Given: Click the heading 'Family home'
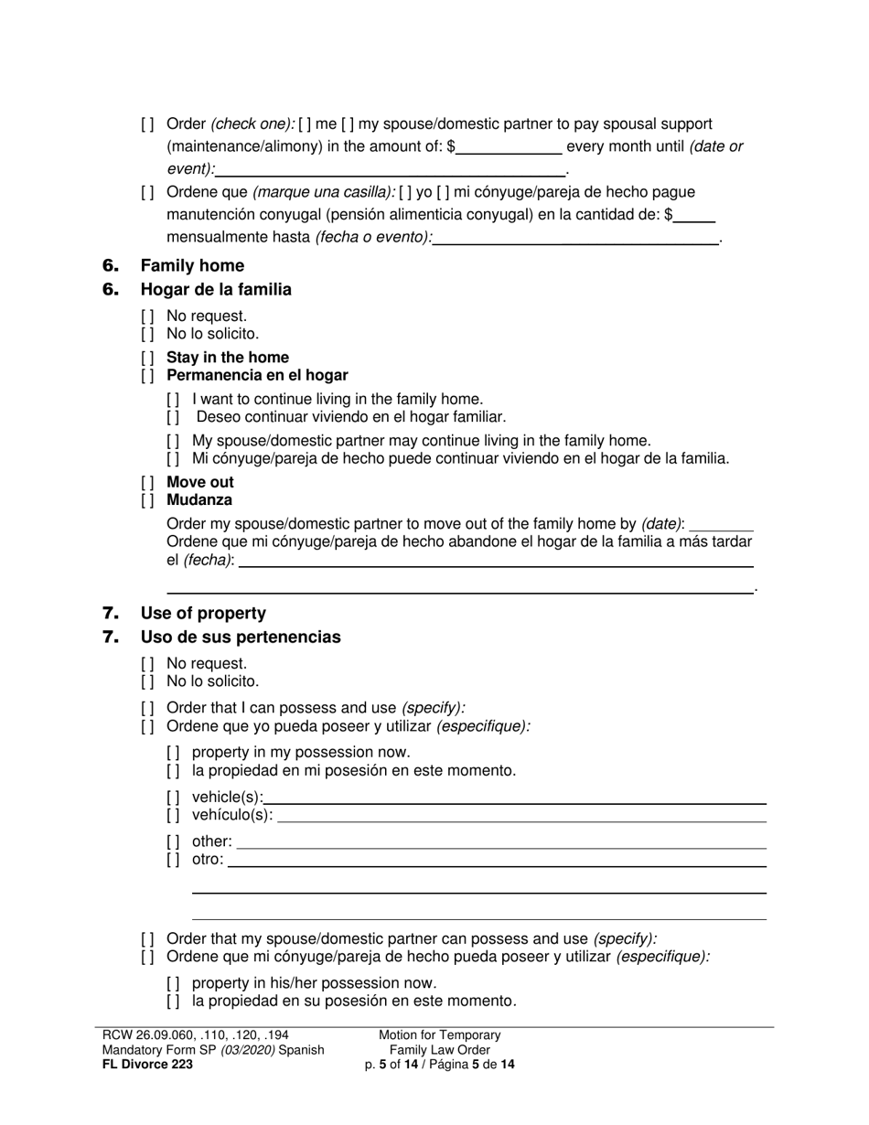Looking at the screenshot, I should click(x=192, y=266).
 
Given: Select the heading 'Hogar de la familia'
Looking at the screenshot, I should click(x=216, y=290).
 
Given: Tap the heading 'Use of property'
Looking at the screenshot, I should click(x=203, y=614).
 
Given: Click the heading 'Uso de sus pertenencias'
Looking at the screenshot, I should click(x=241, y=637).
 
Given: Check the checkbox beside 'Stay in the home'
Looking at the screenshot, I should click(x=147, y=358).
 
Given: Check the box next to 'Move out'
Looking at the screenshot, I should click(x=147, y=482).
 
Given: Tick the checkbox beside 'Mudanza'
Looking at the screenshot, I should click(x=147, y=500).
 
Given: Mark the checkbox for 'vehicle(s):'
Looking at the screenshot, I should click(x=173, y=797).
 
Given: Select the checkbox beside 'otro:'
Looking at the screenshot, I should click(x=173, y=860).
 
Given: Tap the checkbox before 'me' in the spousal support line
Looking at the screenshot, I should click(x=305, y=124).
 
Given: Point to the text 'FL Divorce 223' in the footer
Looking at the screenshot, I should click(x=147, y=1064).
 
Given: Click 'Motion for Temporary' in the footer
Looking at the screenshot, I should click(x=440, y=1035).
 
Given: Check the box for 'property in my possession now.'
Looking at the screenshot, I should click(x=173, y=753).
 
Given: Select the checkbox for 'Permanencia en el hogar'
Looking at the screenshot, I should click(x=147, y=376).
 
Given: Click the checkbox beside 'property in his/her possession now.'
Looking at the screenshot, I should click(x=173, y=983).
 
